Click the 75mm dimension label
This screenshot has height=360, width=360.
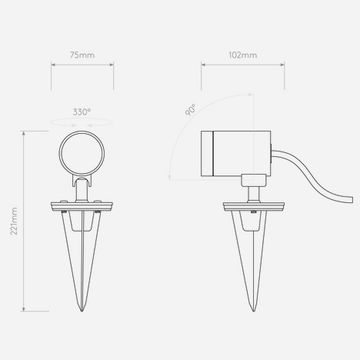click(x=82, y=55)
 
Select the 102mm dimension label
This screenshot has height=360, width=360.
click(x=243, y=55)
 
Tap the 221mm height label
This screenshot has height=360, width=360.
click(x=14, y=221)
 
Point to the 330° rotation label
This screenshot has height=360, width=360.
click(x=82, y=112)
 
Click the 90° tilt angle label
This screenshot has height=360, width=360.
click(x=190, y=110)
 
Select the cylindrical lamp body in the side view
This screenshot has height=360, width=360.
click(x=236, y=153)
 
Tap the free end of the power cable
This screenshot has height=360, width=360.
click(x=352, y=199)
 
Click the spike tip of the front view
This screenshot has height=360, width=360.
click(x=82, y=311)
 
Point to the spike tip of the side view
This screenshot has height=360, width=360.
click(x=253, y=311)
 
